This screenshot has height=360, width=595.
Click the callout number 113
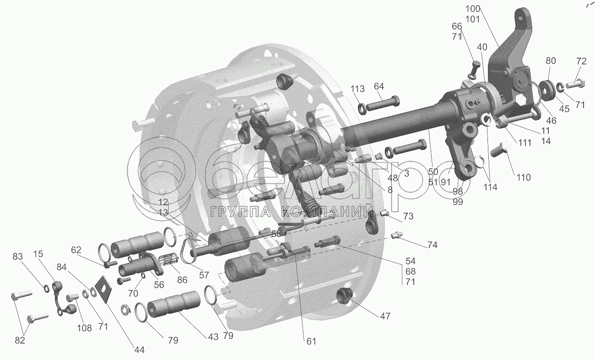tap(358, 89)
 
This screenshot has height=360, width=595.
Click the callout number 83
tap(17, 257)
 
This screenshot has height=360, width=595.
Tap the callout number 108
tap(84, 328)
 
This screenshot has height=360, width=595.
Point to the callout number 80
tap(551, 60)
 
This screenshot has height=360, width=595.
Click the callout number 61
tap(311, 341)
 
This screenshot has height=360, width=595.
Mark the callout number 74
tap(432, 245)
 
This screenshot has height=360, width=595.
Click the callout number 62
tap(76, 250)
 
